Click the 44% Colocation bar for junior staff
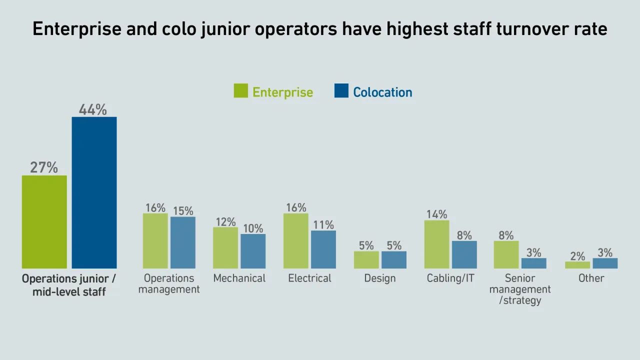[94, 192]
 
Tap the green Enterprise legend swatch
[241, 91]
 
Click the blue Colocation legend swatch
[341, 91]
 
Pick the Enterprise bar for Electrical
[296, 241]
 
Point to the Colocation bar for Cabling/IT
[464, 254]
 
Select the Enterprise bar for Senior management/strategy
[506, 254]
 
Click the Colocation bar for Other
[605, 263]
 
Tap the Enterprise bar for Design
[366, 259]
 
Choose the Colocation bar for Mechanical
[253, 251]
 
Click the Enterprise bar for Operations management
[155, 241]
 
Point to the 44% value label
[93, 109]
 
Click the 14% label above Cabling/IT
[436, 214]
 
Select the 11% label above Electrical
[323, 224]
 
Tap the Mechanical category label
[239, 278]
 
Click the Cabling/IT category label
[450, 278]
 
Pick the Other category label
[591, 278]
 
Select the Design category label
[380, 278]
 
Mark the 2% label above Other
[577, 256]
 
